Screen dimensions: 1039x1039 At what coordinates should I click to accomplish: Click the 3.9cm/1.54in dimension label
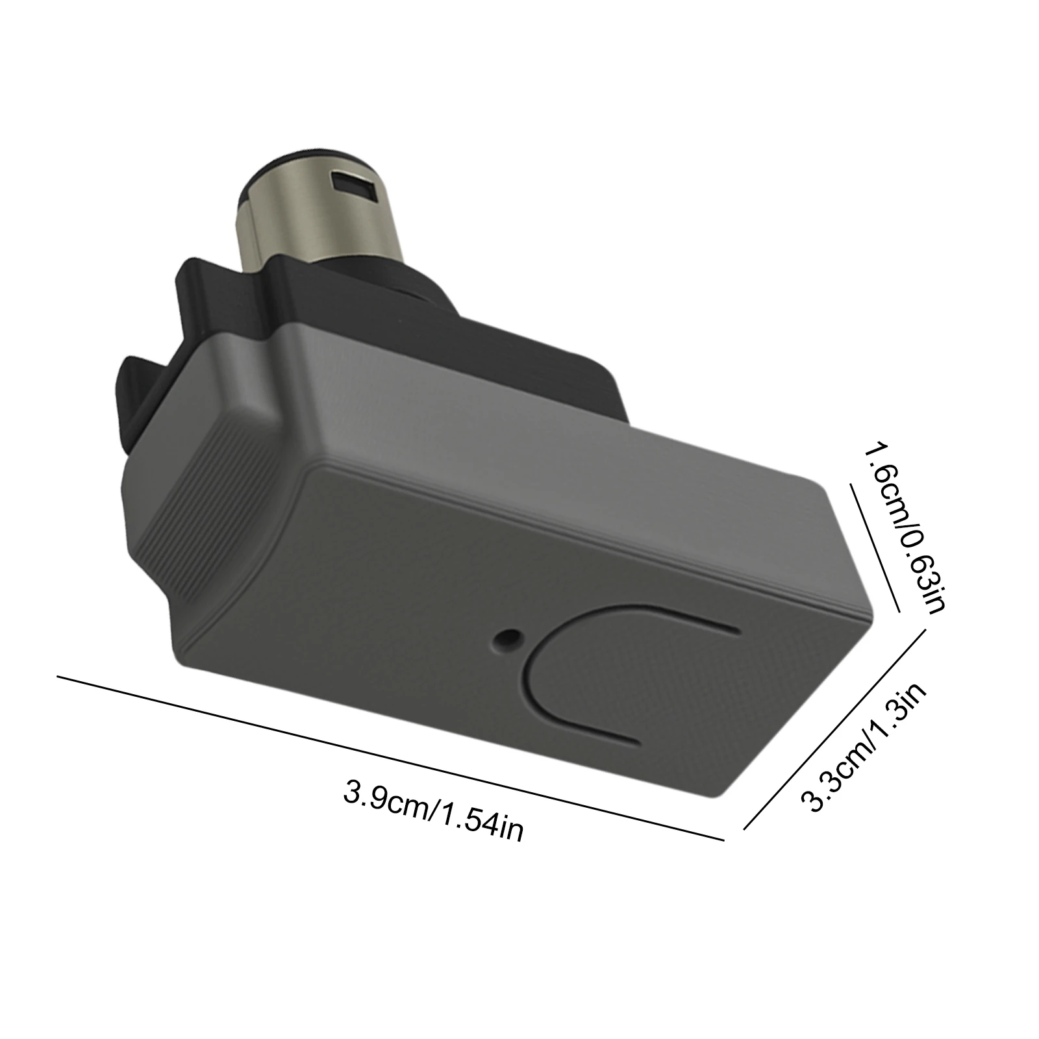(433, 810)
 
